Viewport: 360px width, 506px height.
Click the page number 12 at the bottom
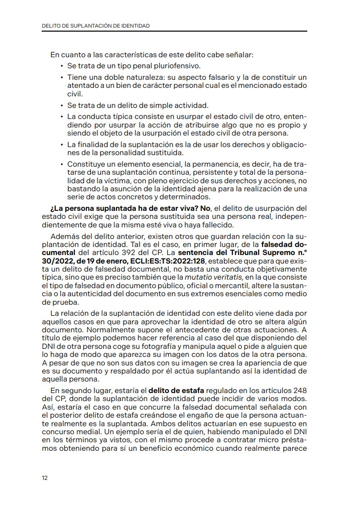(45, 478)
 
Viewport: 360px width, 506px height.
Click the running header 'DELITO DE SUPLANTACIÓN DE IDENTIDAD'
(96, 25)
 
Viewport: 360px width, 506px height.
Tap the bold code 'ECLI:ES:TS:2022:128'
(169, 262)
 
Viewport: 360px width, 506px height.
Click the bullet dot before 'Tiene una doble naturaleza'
(62, 78)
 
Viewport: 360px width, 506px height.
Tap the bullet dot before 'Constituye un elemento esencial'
(62, 164)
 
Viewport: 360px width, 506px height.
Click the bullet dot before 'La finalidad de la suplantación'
(62, 145)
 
